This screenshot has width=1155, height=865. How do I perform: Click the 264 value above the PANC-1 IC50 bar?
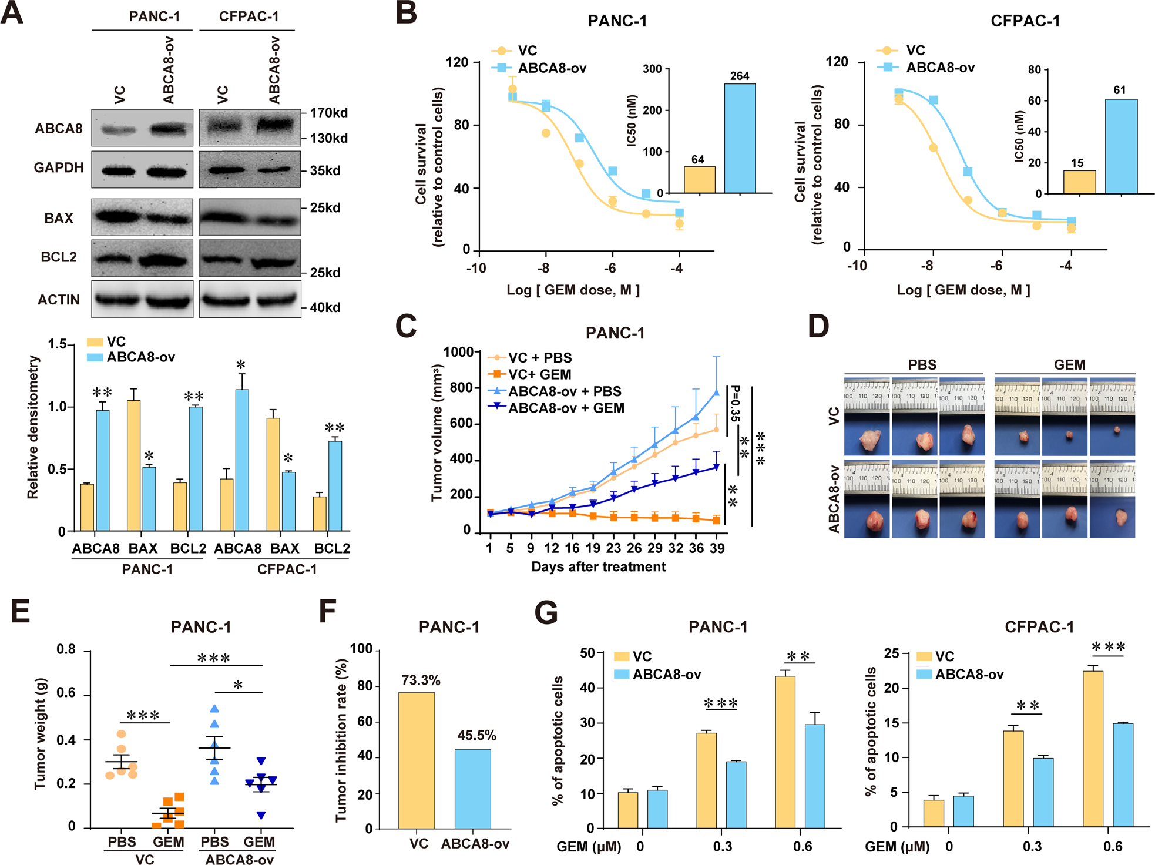739,76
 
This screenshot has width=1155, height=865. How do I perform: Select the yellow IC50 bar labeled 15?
1079,182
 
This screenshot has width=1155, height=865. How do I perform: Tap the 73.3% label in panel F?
421,680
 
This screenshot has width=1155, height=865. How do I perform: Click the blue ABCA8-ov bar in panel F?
472,789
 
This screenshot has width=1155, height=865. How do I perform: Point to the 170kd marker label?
328,112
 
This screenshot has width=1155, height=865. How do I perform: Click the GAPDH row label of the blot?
59,167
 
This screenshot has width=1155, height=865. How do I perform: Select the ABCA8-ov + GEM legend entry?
565,408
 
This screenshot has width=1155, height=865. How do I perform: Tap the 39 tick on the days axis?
717,548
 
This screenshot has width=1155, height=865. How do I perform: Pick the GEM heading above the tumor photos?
1069,364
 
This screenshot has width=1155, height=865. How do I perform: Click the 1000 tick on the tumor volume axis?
458,351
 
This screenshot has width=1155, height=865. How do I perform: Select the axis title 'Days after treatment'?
598,566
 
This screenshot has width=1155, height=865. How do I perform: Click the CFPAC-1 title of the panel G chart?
1039,627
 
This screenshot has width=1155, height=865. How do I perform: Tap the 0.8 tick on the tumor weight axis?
66,649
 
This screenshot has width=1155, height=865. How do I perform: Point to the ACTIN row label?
59,300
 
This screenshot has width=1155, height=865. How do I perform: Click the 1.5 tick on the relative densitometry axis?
57,344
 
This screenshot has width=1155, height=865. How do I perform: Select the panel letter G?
546,613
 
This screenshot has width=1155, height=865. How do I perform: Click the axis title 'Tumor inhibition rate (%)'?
341,740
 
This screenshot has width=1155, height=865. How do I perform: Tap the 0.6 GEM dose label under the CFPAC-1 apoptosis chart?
1112,846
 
